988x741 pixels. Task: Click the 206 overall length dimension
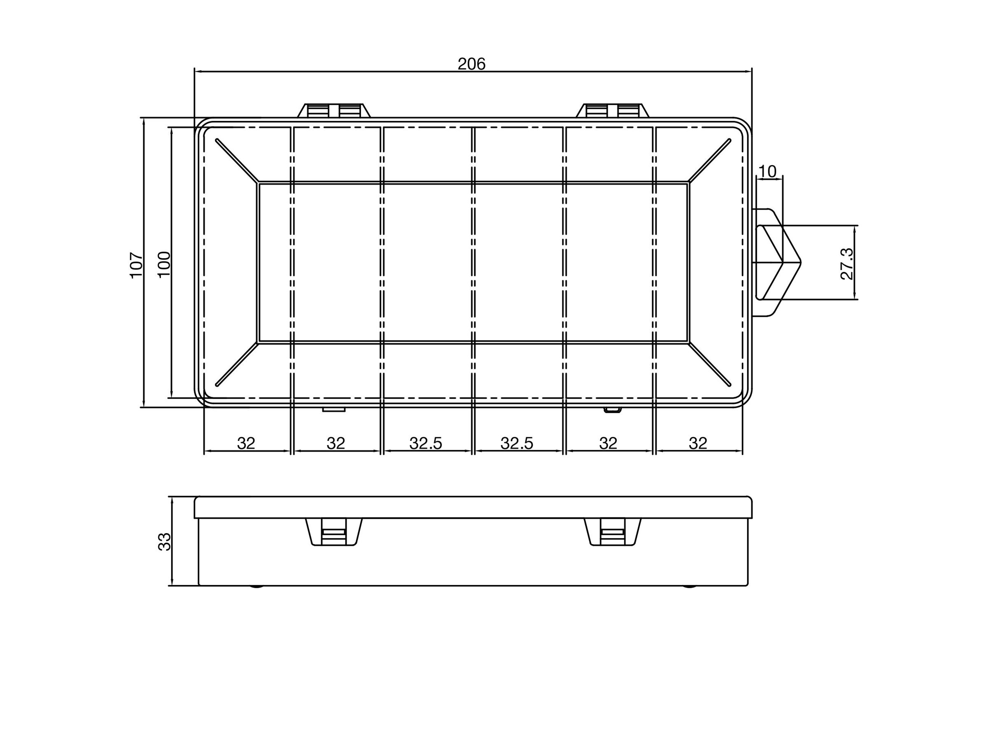click(x=471, y=64)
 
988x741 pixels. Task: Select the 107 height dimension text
click(x=136, y=265)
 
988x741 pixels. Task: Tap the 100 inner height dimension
click(x=164, y=264)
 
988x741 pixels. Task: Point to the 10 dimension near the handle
click(x=767, y=171)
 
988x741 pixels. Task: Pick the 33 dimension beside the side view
click(x=164, y=542)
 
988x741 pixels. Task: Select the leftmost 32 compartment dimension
click(x=246, y=443)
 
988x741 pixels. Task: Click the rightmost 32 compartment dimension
click(x=698, y=443)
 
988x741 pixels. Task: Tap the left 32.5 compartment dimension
click(x=426, y=443)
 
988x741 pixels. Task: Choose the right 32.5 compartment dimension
click(x=517, y=443)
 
